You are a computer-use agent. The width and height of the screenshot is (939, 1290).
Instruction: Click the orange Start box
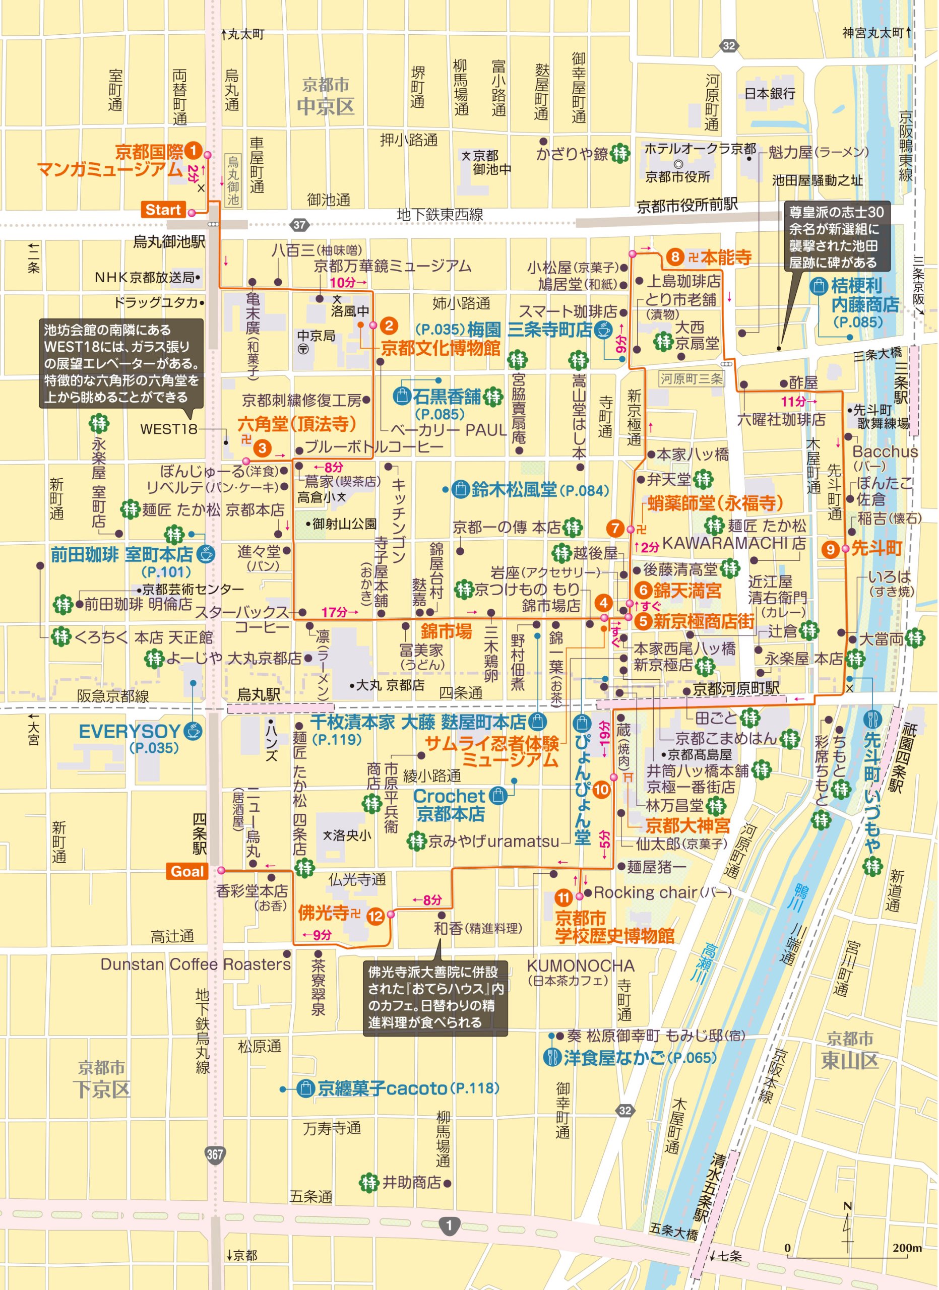coord(163,210)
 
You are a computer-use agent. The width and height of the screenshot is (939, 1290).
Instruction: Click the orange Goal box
coord(186,871)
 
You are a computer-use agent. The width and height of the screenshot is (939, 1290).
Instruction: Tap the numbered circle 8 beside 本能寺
coord(674,257)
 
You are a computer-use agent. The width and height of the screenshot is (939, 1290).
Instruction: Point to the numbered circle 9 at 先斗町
coord(831,549)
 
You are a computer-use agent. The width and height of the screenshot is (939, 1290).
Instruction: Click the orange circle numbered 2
coord(389,326)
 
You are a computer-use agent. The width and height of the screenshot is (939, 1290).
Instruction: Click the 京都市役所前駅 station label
coord(687,205)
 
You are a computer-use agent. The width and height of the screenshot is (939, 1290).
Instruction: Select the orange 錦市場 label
coord(446,631)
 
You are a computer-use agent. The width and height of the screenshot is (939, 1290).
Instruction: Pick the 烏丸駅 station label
coord(258,694)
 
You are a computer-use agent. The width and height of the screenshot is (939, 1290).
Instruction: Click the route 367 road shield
coord(215,1154)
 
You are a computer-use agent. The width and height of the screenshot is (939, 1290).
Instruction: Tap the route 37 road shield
coord(300,225)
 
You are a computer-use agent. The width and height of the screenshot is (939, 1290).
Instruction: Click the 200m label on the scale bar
coord(907,1247)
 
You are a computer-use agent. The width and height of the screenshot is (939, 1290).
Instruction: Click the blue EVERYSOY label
coord(129,732)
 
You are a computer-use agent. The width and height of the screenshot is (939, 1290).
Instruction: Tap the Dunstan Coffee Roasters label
coord(196,964)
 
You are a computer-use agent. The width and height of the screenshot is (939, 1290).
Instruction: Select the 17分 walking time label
coord(336,612)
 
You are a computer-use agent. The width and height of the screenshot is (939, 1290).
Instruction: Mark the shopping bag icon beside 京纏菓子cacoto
coord(306,1088)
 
